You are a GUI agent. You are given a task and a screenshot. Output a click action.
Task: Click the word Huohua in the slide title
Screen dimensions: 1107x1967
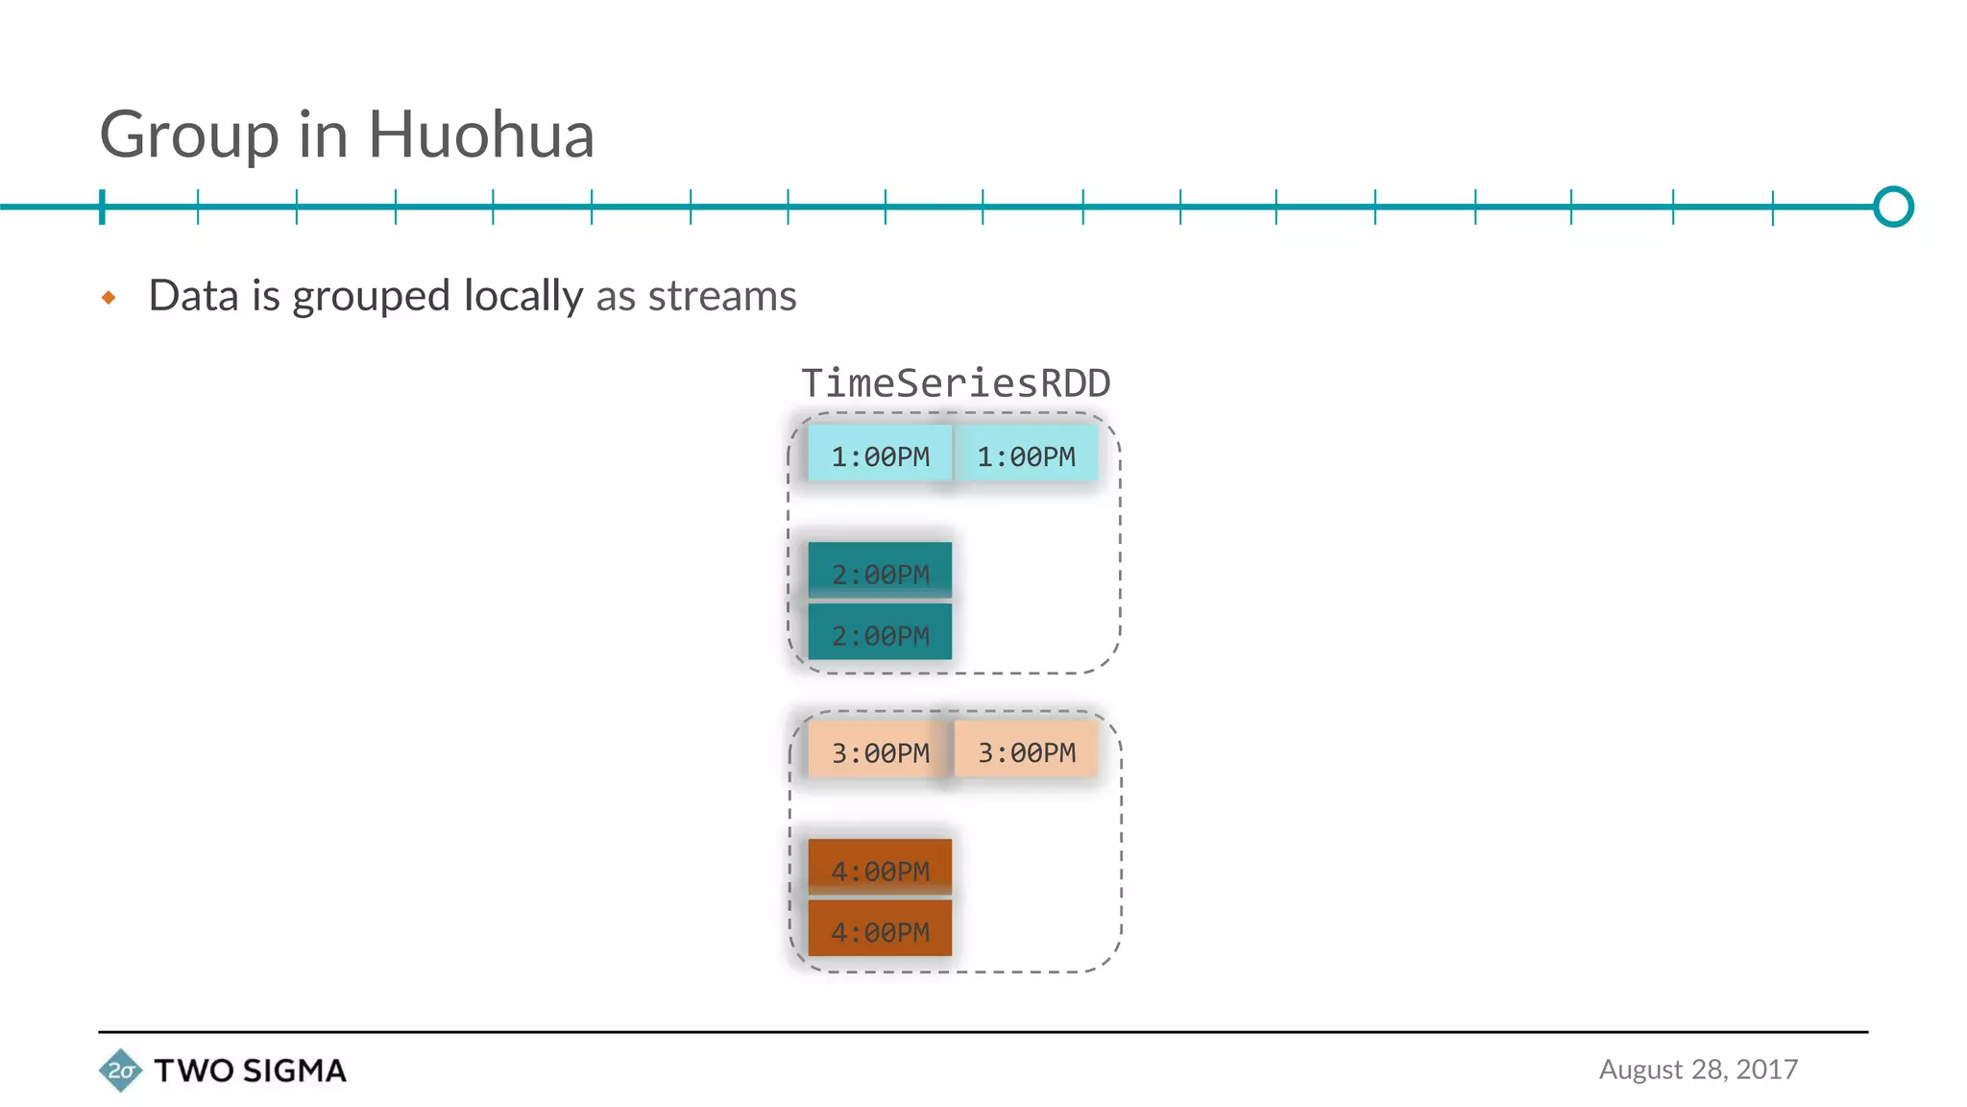pyautogui.click(x=481, y=135)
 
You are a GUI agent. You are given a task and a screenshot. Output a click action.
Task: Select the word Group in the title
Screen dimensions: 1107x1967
pyautogui.click(x=189, y=136)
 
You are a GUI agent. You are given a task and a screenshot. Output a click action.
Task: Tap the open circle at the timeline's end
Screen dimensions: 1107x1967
pyautogui.click(x=1893, y=207)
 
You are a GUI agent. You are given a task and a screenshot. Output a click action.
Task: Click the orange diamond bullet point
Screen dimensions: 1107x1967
pyautogui.click(x=109, y=298)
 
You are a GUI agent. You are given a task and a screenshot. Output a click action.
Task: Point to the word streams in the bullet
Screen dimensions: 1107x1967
pyautogui.click(x=722, y=296)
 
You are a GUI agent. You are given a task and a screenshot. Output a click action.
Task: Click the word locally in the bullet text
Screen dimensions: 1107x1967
pyautogui.click(x=523, y=296)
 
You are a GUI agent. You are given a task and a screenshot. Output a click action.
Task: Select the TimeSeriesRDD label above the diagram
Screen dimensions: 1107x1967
pyautogui.click(x=956, y=383)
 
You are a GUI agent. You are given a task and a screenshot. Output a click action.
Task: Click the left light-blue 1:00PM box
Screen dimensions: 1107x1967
pyautogui.click(x=880, y=455)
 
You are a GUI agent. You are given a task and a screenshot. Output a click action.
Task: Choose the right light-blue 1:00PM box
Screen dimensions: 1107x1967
pyautogui.click(x=1026, y=455)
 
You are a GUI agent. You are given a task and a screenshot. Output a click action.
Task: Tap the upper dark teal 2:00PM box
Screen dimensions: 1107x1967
pyautogui.click(x=880, y=571)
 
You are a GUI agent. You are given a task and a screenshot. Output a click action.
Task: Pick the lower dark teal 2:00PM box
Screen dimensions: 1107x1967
pyautogui.click(x=880, y=633)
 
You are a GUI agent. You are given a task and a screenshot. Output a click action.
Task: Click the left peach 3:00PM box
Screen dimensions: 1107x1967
pyautogui.click(x=880, y=750)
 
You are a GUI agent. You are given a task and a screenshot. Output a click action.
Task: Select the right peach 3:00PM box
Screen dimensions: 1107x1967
pyautogui.click(x=1026, y=750)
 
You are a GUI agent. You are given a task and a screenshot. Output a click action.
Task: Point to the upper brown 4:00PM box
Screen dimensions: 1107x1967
pyautogui.click(x=880, y=868)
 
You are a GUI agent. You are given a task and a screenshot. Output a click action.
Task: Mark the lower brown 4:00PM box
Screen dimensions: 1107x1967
pyautogui.click(x=880, y=929)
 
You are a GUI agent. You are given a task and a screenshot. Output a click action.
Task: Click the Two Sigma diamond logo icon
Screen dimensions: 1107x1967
pyautogui.click(x=120, y=1070)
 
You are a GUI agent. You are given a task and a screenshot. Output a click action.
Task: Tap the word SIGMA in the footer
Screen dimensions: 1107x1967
pyautogui.click(x=294, y=1070)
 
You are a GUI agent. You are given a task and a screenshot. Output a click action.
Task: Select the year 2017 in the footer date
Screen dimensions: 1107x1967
pyautogui.click(x=1766, y=1070)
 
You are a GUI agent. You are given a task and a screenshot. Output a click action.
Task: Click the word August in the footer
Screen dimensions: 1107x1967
pyautogui.click(x=1640, y=1070)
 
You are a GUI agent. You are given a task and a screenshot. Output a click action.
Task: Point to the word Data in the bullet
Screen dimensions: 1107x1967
pyautogui.click(x=193, y=296)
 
